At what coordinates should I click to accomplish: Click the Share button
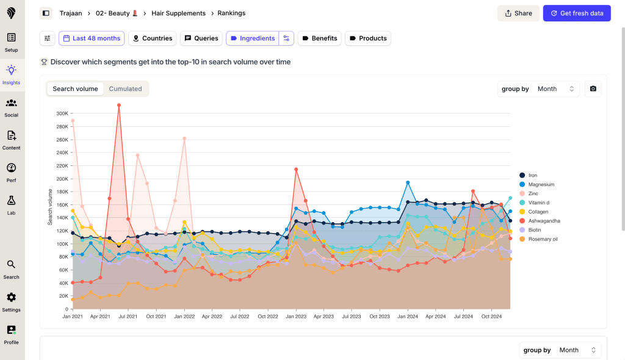point(518,13)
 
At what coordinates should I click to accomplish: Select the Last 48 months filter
point(92,38)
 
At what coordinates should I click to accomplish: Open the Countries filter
point(152,38)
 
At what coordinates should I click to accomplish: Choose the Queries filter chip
point(201,38)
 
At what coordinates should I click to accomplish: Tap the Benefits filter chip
point(319,38)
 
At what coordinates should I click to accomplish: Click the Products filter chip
point(367,38)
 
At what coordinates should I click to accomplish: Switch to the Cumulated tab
point(125,89)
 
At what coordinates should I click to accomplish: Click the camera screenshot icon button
point(593,89)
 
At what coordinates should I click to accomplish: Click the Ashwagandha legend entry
point(544,221)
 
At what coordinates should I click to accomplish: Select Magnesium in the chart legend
point(541,184)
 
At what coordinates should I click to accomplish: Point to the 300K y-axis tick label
point(62,113)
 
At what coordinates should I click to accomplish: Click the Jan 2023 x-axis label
point(295,317)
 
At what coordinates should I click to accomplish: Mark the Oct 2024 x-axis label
point(491,317)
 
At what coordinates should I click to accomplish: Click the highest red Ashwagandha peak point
point(119,105)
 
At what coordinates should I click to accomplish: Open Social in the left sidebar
point(11,107)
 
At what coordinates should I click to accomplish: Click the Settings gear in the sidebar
point(11,301)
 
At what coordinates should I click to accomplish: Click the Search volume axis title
point(50,207)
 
